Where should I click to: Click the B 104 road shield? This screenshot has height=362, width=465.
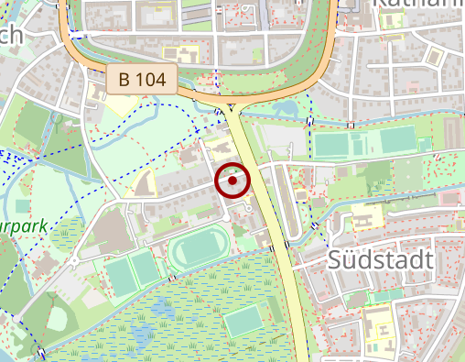[x=141, y=79]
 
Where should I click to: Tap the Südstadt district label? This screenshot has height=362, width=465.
[x=380, y=260]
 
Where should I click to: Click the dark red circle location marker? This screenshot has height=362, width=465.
[x=233, y=181]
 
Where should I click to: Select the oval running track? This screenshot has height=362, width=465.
[x=199, y=247]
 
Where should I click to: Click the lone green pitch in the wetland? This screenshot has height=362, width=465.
[x=243, y=321]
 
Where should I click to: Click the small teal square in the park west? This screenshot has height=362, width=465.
[x=21, y=204]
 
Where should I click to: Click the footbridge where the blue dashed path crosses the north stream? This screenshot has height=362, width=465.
[x=310, y=122]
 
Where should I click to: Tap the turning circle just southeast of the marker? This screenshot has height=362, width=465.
[x=249, y=208]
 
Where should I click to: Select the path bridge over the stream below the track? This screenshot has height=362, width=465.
[x=171, y=278]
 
